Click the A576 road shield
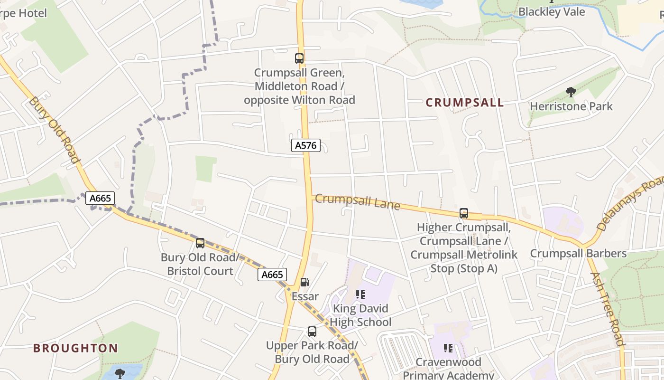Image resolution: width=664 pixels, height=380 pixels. tap(305, 145)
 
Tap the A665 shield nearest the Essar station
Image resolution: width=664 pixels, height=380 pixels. tap(272, 275)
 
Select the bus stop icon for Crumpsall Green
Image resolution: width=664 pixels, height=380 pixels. tap(299, 58)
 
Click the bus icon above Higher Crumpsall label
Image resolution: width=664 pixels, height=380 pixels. tap(464, 213)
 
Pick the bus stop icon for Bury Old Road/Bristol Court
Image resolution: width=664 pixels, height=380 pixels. tap(200, 243)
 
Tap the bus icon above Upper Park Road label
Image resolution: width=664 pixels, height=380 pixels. tap(312, 332)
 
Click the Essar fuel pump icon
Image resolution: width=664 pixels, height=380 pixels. tap(305, 282)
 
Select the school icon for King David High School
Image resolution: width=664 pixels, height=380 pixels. tap(360, 294)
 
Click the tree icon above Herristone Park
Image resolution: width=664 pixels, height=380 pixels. tap(571, 92)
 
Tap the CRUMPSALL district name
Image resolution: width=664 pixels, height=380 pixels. tap(464, 103)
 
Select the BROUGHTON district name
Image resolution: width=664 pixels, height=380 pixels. tap(75, 348)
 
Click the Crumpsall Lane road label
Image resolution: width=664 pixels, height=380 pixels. tap(358, 202)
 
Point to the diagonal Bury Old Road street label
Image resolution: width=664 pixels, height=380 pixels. tap(54, 129)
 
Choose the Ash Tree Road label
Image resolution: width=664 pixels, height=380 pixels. tap(608, 309)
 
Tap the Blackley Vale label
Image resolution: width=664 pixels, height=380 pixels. tap(552, 12)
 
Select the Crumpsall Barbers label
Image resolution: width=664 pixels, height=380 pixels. tap(578, 253)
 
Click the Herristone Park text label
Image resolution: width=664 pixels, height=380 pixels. tap(571, 106)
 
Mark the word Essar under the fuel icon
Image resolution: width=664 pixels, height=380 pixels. tap(305, 297)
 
